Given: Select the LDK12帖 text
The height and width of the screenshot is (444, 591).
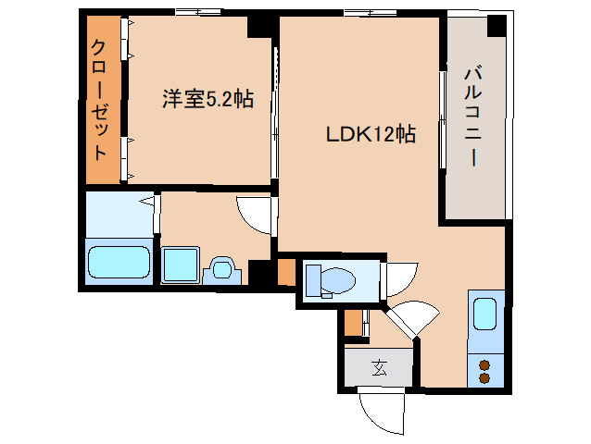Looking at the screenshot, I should [x=370, y=134].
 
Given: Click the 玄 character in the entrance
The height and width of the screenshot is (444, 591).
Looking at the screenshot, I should [x=379, y=368].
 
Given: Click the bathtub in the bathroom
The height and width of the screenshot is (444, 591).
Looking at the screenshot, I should [x=118, y=262].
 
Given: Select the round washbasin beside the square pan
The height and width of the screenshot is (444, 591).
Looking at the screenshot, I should [x=221, y=269].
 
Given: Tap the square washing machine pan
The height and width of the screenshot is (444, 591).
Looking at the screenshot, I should [x=180, y=265].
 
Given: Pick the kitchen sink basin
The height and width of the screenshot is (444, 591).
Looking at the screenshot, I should [x=484, y=314].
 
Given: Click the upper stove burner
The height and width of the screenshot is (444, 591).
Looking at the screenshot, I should [x=484, y=364].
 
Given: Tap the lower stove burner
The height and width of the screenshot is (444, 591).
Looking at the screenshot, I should [x=484, y=377].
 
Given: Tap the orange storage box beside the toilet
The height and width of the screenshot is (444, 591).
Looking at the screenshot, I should [x=286, y=273].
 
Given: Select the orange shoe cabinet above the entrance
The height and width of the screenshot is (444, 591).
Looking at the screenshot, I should [x=353, y=325].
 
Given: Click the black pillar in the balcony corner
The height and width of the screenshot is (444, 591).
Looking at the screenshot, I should [x=498, y=25].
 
